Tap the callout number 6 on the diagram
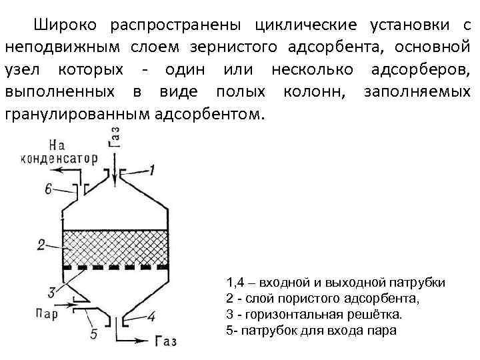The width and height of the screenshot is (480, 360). pos(49,189)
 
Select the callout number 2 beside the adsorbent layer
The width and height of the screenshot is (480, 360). pos(41,245)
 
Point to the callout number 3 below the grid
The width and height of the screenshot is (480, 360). pos(53,291)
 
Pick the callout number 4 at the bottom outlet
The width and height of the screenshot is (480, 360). pos(152,316)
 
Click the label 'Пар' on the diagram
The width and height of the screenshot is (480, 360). pos(47,311)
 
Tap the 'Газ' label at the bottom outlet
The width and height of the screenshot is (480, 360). pos(166,341)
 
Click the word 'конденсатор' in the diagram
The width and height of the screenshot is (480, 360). pos(59,159)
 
